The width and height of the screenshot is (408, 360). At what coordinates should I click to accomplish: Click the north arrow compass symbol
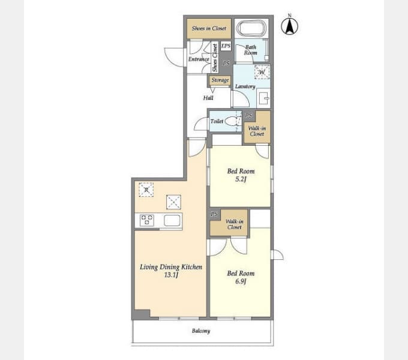point(289,25)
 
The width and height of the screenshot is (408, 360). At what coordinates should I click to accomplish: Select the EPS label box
point(226,46)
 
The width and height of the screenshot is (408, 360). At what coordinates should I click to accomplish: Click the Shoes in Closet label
point(209,28)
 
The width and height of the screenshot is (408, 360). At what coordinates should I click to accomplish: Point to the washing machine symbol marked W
point(262,72)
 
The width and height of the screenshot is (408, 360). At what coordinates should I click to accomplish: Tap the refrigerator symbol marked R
point(146,190)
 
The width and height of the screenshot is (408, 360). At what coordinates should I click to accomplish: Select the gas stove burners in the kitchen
point(147,220)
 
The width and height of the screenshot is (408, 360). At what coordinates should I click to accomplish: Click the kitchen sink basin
point(172,221)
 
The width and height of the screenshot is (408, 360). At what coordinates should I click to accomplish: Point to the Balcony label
point(201,331)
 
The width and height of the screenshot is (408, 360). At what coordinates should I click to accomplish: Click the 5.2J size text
point(241,179)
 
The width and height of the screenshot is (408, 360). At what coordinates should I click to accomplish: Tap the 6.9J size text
point(241,281)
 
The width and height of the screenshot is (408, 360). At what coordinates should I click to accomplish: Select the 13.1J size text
point(171,275)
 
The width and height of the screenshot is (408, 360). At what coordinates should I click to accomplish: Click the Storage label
point(220,80)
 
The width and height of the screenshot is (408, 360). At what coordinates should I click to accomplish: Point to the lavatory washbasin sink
point(263,98)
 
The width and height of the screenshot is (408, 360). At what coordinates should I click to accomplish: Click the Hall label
point(208,98)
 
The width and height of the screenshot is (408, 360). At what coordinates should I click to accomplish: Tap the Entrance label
point(199,59)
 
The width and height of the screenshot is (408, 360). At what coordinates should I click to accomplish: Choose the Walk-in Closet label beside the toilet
point(257,131)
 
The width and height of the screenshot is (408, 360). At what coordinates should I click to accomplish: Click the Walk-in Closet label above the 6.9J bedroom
point(234,224)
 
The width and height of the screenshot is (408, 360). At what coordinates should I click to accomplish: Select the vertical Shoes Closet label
point(215,58)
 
